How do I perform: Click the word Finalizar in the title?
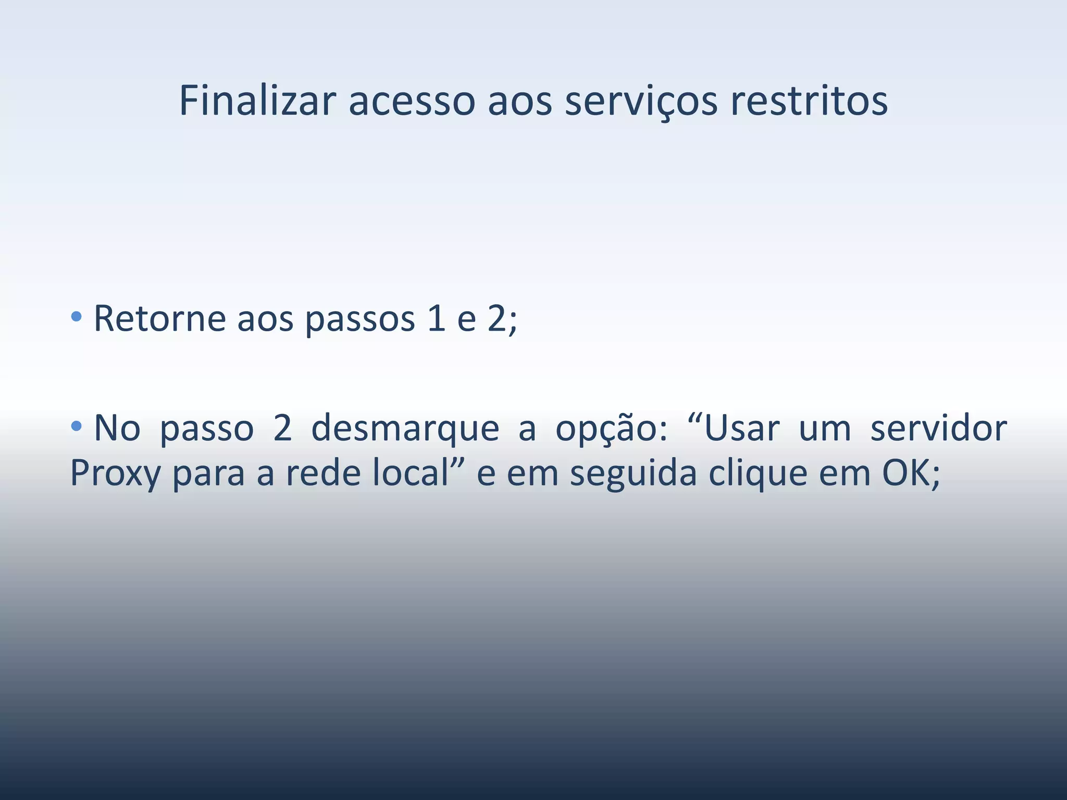[x=257, y=101]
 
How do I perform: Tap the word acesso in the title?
[x=412, y=101]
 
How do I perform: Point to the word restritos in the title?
[x=809, y=101]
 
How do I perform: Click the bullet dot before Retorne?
[x=77, y=316]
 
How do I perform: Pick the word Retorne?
[x=159, y=318]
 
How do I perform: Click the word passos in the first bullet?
[x=359, y=319]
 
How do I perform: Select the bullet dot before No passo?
[x=77, y=427]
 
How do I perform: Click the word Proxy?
[x=116, y=474]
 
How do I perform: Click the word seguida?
[x=632, y=474]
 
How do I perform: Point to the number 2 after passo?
[x=282, y=428]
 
